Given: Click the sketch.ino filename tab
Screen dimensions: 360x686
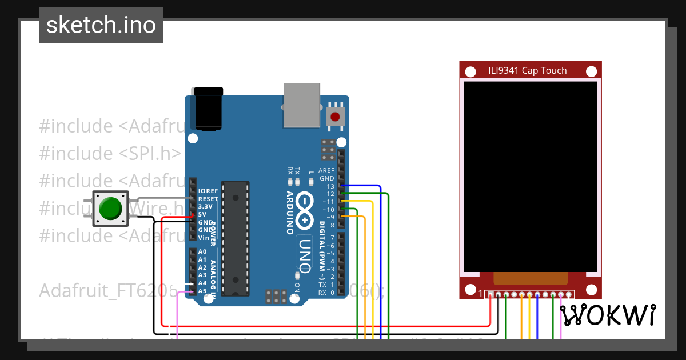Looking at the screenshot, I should point(101,25).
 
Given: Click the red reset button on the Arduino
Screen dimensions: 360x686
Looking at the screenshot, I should point(334,118).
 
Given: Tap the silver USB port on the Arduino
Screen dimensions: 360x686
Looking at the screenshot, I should point(302,105).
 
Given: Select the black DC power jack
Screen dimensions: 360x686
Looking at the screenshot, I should point(209,109).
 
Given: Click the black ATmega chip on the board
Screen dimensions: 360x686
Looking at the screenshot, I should point(236,238).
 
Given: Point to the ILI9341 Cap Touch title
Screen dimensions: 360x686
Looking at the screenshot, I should point(527,70).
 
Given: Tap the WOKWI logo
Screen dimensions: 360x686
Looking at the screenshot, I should point(607,315).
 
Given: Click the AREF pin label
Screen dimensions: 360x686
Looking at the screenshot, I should point(326,170).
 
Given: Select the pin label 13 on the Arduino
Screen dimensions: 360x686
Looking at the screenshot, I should point(330,186).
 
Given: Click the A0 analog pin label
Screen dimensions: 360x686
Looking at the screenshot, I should point(202,251).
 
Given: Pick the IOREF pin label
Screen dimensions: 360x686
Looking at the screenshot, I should point(208,191).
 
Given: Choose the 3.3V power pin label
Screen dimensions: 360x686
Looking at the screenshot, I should point(205,206).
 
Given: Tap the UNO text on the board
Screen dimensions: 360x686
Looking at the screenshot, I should point(304,254).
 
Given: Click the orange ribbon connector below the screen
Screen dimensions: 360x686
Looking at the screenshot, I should point(531,278).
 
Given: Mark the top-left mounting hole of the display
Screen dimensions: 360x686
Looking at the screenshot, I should point(470,72).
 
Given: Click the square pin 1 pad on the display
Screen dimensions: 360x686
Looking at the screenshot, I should point(490,294).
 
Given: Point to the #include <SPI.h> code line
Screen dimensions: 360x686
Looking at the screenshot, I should point(110,153).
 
